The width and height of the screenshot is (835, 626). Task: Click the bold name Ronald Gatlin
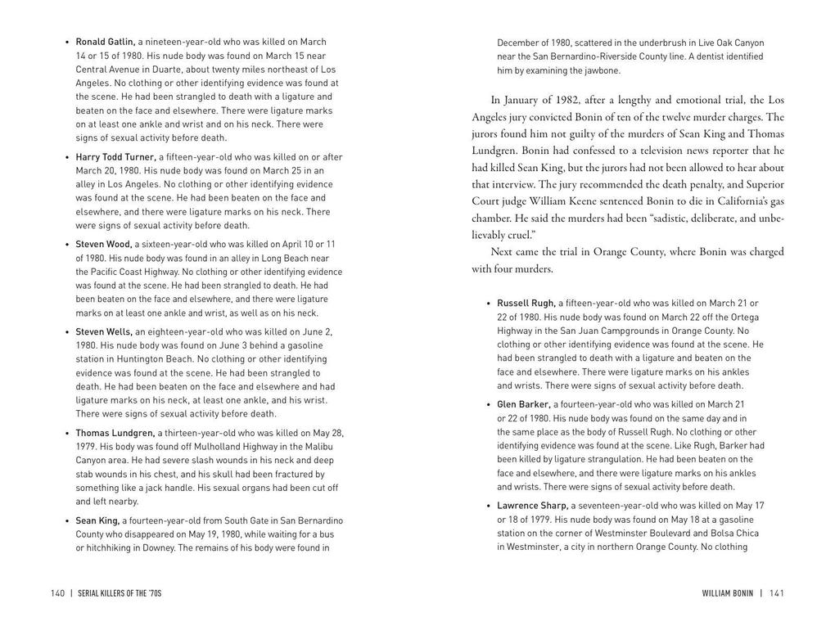tap(106, 42)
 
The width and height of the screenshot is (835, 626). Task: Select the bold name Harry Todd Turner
tap(116, 157)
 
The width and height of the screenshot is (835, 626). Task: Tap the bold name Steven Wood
tap(104, 244)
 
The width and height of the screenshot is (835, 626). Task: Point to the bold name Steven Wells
tap(105, 331)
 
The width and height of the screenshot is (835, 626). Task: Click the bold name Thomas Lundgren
tap(115, 433)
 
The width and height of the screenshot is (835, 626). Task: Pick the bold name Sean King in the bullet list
tap(98, 520)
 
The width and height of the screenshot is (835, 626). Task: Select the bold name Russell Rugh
tap(526, 303)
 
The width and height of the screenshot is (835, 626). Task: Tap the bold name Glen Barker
tap(524, 404)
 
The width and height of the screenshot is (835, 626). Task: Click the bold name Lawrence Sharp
tap(533, 506)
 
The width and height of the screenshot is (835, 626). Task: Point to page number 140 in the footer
tap(57, 593)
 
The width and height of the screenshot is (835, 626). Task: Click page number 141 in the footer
tap(776, 593)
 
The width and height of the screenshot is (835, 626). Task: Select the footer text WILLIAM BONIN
tap(727, 593)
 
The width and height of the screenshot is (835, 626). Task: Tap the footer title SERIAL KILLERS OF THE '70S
tap(120, 593)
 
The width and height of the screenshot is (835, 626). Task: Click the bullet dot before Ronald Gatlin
tap(66, 42)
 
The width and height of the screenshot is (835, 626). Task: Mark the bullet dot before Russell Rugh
tap(488, 303)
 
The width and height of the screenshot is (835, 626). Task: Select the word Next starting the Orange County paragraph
tap(505, 252)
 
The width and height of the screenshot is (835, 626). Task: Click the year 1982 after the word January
tap(562, 101)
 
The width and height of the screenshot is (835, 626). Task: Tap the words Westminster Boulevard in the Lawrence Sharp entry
tap(641, 534)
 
